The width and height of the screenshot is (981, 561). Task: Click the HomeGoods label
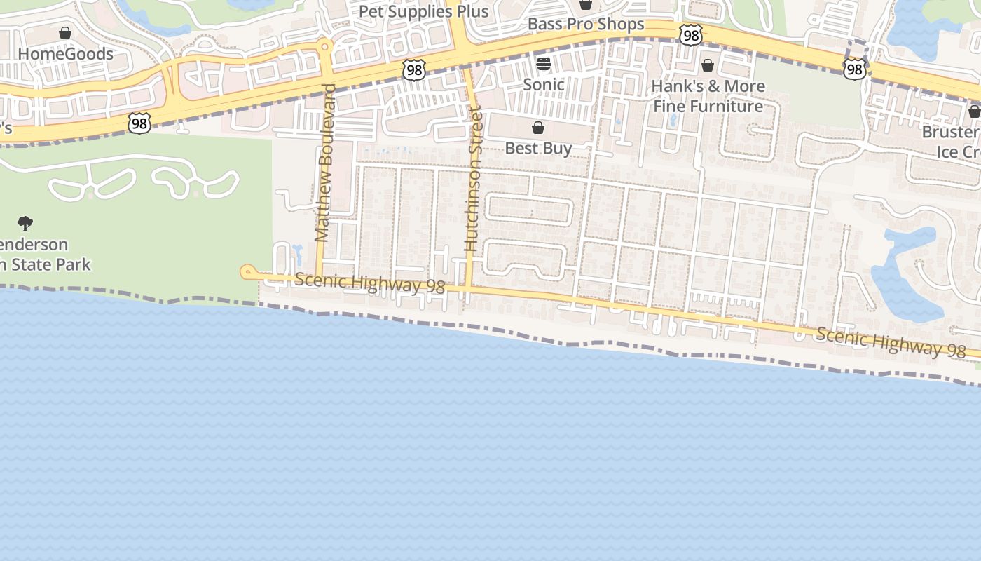[x=65, y=54]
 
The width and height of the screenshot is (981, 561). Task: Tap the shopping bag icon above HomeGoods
[x=65, y=33]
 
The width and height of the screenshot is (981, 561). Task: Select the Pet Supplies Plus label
[x=423, y=12]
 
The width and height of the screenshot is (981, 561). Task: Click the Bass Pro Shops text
[x=586, y=25]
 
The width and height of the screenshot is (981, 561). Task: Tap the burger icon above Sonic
[x=544, y=64]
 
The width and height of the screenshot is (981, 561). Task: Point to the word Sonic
[x=544, y=85]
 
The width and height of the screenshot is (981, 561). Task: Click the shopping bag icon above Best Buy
[x=538, y=128]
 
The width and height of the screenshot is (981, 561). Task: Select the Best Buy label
[x=538, y=148]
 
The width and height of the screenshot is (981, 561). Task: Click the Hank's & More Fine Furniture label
[x=708, y=96]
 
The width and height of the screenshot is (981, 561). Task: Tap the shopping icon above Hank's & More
[x=708, y=65]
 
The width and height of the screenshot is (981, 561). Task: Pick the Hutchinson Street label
[x=474, y=179]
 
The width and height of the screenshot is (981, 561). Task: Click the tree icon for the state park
[x=25, y=224]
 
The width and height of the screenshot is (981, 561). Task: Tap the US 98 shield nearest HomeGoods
[x=139, y=123]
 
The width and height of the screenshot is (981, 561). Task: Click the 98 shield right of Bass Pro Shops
[x=690, y=34]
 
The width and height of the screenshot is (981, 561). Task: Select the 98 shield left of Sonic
[x=414, y=69]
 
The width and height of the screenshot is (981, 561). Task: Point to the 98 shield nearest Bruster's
[x=854, y=69]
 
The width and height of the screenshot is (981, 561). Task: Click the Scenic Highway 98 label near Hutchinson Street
[x=369, y=283]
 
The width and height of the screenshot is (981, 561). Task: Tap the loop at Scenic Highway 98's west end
[x=247, y=272]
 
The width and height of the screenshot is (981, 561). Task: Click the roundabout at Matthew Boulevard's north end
[x=324, y=47]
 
